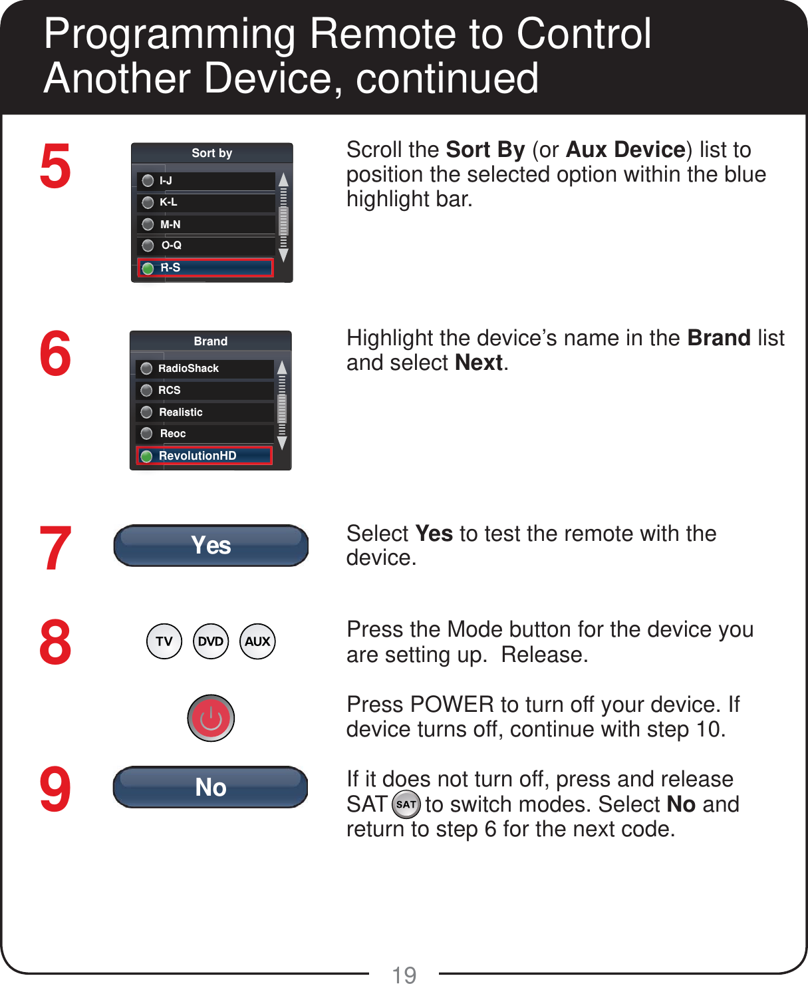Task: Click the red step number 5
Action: (55, 166)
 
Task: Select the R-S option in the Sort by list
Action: (205, 268)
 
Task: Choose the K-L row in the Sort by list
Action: (205, 202)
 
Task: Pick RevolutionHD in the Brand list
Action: (204, 456)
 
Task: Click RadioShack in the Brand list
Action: (204, 369)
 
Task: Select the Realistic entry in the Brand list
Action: (204, 412)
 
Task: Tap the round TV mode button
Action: (164, 641)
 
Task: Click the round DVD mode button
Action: (211, 641)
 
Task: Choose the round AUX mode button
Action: (257, 641)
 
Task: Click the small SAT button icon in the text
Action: (406, 804)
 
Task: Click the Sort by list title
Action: (211, 153)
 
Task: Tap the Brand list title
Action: (211, 341)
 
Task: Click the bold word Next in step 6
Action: (479, 363)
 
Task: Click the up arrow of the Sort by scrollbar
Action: (283, 180)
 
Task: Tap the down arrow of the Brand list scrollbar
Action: (282, 443)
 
